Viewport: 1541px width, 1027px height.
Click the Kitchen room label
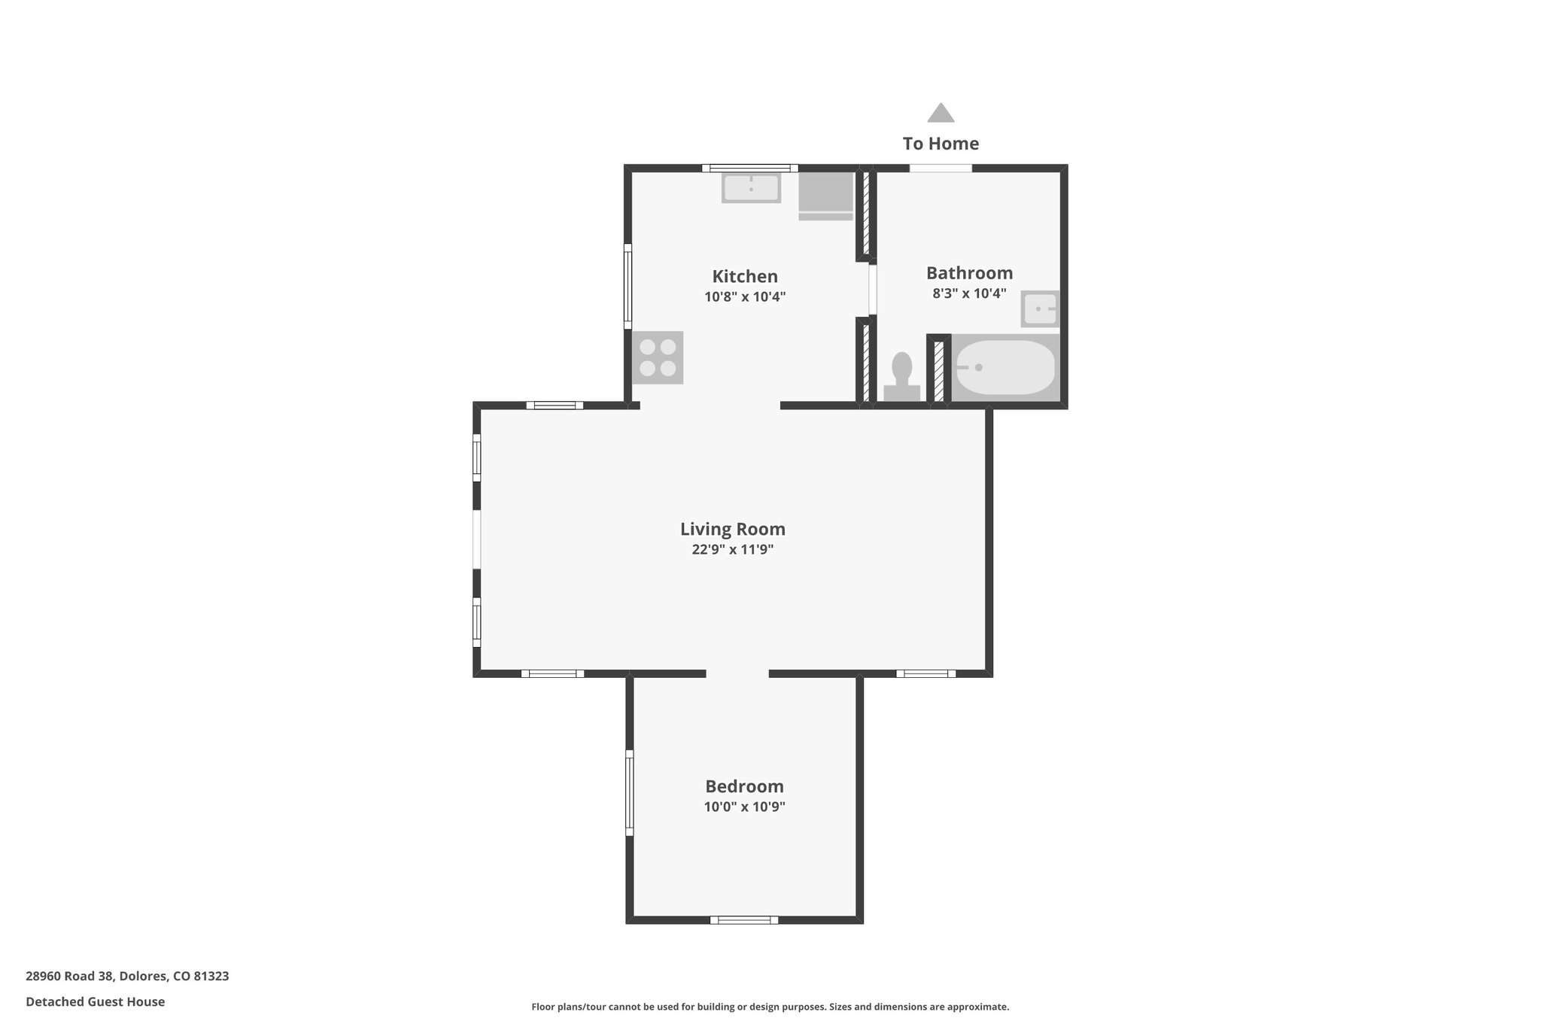point(745,276)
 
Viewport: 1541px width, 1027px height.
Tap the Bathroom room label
point(969,273)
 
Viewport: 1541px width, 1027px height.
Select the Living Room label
point(732,529)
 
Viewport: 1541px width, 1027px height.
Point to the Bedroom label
point(744,786)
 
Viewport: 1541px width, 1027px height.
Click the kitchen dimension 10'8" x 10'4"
point(745,296)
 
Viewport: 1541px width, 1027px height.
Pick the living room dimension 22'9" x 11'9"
point(732,549)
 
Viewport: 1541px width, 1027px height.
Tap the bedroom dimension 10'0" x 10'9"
point(744,807)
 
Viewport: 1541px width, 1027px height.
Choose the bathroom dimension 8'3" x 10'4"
point(969,293)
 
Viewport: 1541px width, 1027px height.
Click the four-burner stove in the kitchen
point(658,357)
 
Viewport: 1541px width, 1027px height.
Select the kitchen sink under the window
point(751,187)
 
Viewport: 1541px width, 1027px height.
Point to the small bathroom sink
point(1040,308)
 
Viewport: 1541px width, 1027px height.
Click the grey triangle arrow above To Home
point(941,114)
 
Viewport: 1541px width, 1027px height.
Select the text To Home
point(941,144)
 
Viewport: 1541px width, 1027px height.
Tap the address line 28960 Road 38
point(127,976)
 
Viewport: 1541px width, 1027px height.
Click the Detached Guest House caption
point(95,1001)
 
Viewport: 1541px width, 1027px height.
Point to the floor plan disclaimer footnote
point(770,1007)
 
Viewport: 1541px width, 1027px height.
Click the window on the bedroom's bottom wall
point(744,919)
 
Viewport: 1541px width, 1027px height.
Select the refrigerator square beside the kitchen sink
point(825,195)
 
